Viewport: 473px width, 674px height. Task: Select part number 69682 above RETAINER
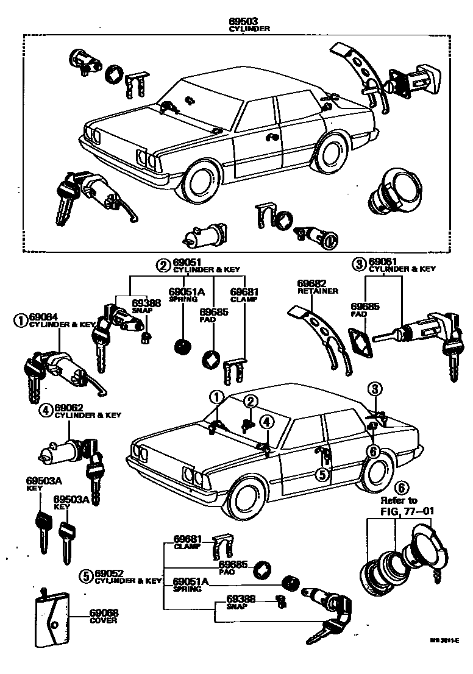[x=312, y=284]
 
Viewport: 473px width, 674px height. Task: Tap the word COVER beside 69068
[x=103, y=620]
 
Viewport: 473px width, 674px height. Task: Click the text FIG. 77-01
[x=400, y=510]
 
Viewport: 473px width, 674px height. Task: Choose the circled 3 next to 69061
[x=358, y=263]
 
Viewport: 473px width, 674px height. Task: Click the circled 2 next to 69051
[x=163, y=264]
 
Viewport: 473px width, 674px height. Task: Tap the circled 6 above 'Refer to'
[x=400, y=487]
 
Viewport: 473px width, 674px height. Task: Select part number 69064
[x=44, y=317]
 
